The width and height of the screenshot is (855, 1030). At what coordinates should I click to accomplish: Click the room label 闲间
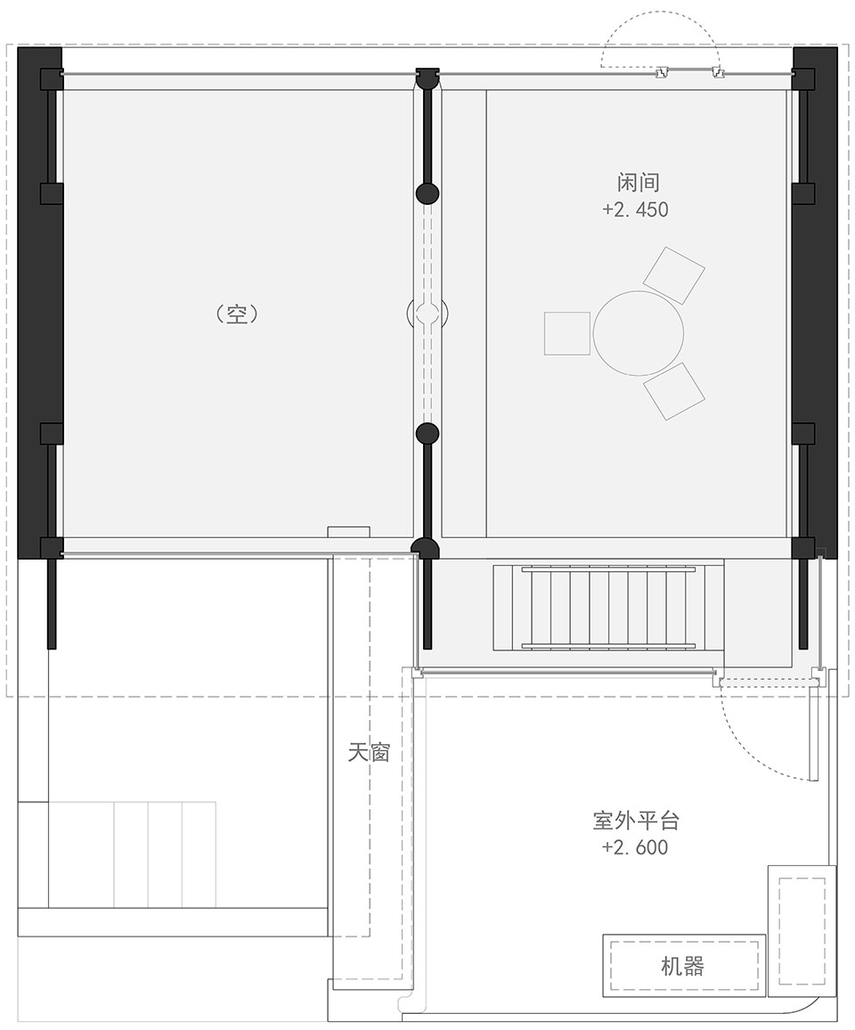pyautogui.click(x=638, y=182)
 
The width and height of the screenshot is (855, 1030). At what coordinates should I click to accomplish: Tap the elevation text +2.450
pyautogui.click(x=635, y=209)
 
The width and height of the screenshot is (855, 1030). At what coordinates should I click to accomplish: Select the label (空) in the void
pyautogui.click(x=237, y=314)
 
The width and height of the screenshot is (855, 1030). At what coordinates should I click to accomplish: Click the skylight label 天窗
pyautogui.click(x=369, y=752)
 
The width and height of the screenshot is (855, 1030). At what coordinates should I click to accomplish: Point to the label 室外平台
pyautogui.click(x=636, y=821)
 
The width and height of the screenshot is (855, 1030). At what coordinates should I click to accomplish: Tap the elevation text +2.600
pyautogui.click(x=635, y=846)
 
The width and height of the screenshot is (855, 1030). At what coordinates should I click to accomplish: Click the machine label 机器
pyautogui.click(x=683, y=966)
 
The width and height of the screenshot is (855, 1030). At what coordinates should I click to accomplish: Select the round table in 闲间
pyautogui.click(x=639, y=333)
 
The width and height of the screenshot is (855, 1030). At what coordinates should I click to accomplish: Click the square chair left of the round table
pyautogui.click(x=567, y=334)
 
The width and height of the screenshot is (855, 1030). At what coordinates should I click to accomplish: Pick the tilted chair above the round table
pyautogui.click(x=673, y=275)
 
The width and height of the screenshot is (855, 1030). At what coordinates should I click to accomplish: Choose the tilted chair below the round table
pyautogui.click(x=673, y=391)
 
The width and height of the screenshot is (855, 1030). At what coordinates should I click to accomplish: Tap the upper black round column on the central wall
pyautogui.click(x=427, y=193)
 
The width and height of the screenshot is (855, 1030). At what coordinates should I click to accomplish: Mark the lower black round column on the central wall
pyautogui.click(x=427, y=433)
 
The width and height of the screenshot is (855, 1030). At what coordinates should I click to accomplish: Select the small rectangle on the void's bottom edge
pyautogui.click(x=349, y=531)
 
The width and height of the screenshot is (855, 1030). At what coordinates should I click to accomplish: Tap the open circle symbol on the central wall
pyautogui.click(x=427, y=314)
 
